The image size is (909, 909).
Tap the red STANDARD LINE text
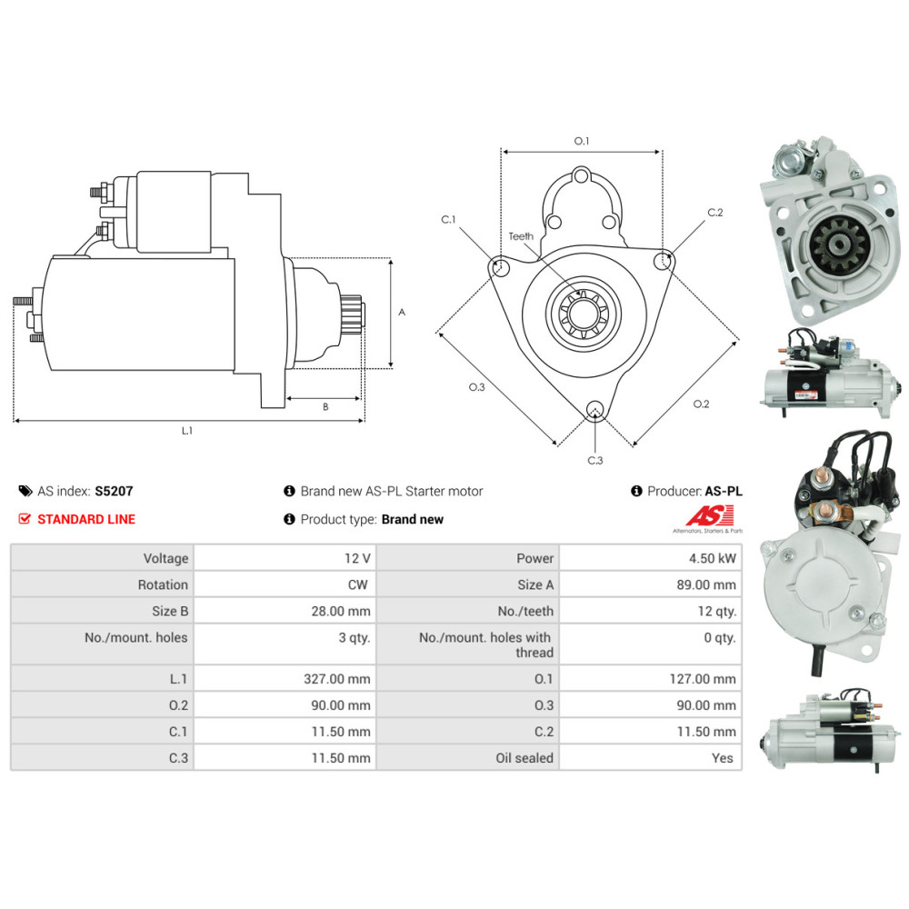(85, 519)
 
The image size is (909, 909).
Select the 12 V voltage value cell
(356, 558)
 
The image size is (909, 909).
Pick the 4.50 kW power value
(714, 558)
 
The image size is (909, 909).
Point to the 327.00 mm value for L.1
(339, 678)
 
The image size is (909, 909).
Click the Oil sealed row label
(524, 757)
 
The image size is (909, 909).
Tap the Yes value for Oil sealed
(723, 757)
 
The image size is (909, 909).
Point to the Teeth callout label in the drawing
(521, 236)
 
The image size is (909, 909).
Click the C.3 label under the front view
(595, 460)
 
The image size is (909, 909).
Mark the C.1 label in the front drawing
(449, 219)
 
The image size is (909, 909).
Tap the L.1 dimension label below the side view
(186, 431)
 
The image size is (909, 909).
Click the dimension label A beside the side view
(401, 312)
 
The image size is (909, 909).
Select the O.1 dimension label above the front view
(582, 141)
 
